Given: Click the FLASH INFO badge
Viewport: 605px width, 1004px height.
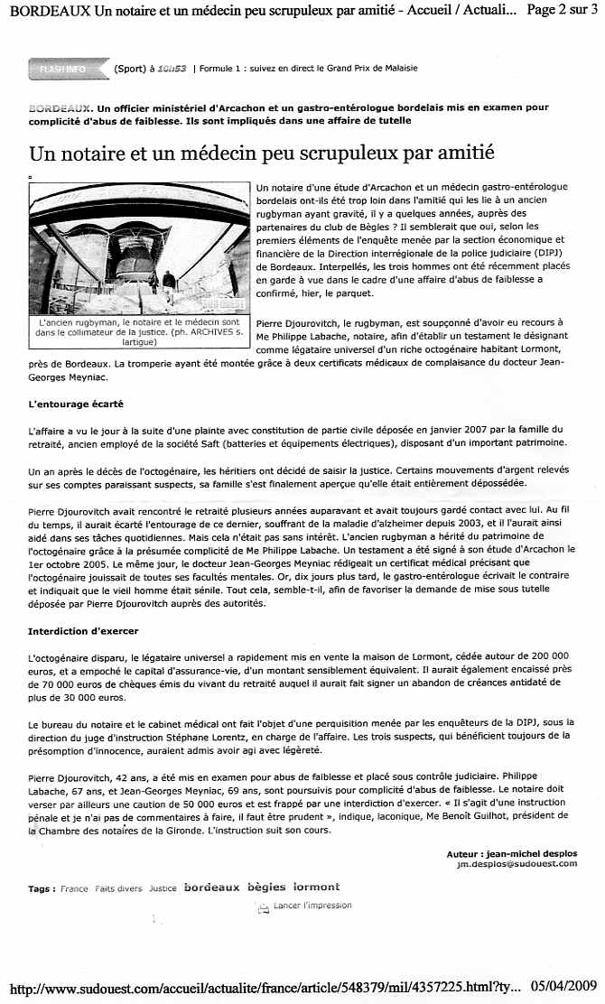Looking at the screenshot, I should point(62,69).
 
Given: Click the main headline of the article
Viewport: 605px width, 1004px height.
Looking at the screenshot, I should point(262,153).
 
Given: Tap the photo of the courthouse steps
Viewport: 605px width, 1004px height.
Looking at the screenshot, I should point(139,248).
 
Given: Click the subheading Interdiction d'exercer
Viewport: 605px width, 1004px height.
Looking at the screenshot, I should point(84,630).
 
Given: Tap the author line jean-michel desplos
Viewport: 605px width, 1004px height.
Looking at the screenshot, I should point(511,853).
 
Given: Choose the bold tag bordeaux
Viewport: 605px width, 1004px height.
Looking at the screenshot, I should point(211,888).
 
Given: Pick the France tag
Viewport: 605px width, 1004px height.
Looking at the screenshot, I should point(74,888).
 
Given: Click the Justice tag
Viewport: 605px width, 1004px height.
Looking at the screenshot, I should point(163,888).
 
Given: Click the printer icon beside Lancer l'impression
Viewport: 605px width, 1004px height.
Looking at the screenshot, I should point(264,906).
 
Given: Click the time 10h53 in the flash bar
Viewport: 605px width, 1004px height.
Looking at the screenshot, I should point(172,69).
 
